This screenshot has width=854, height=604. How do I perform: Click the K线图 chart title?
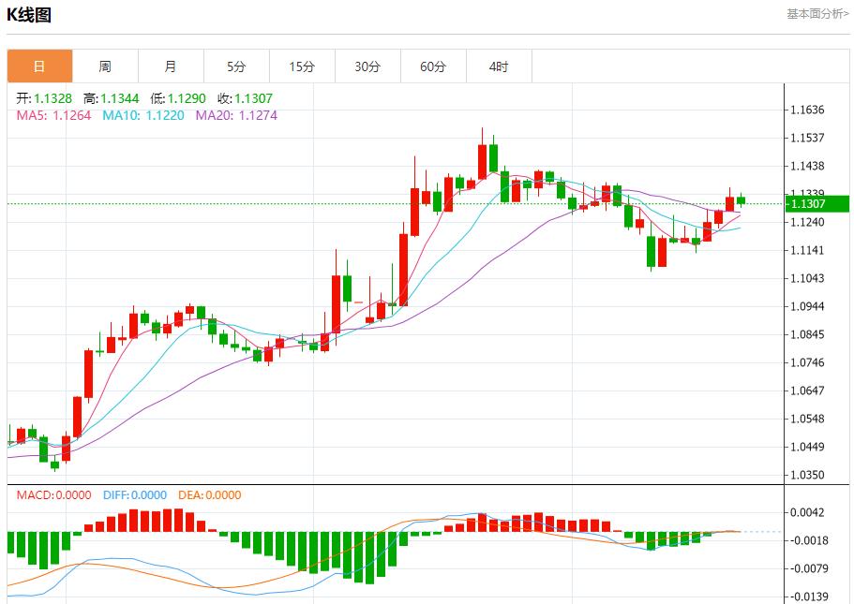(x=29, y=15)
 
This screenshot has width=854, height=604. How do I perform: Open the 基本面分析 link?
(x=817, y=14)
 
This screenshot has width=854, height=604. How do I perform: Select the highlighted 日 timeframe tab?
(x=39, y=66)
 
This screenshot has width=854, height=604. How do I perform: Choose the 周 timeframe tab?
(x=105, y=66)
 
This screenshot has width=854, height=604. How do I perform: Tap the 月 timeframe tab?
(x=171, y=66)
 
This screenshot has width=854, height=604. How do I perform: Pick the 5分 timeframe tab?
(x=236, y=66)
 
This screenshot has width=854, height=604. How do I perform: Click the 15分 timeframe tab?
(x=302, y=66)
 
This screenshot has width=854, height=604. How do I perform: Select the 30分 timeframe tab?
(x=367, y=66)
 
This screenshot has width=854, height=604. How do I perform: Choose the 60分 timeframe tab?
(x=433, y=66)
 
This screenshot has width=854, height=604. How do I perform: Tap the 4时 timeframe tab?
(x=499, y=66)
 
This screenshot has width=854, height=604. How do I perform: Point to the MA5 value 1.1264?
(x=72, y=116)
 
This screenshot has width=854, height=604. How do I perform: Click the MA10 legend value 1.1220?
(x=165, y=116)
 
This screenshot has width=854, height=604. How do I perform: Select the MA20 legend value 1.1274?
(x=258, y=116)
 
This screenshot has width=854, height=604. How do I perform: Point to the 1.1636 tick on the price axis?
(x=807, y=110)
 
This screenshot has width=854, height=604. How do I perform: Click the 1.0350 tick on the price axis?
(x=807, y=476)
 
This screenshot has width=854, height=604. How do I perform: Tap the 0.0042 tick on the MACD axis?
(x=807, y=512)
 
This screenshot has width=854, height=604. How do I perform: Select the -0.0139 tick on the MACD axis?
(x=807, y=597)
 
